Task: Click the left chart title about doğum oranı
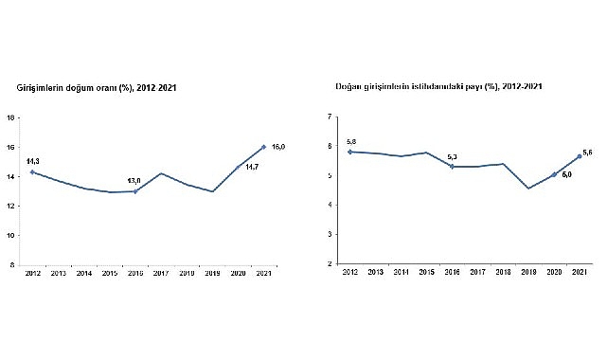(x=98, y=87)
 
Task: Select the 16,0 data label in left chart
(x=278, y=147)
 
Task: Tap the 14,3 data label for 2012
(x=32, y=162)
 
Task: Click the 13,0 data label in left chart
(x=134, y=181)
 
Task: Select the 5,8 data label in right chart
(x=351, y=141)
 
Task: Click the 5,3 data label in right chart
(x=452, y=156)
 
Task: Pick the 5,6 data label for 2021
(x=588, y=153)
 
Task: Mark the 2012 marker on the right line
(x=351, y=152)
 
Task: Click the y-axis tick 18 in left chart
(x=9, y=117)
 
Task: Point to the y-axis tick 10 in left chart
(x=9, y=235)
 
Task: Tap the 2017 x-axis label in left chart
(x=159, y=273)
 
